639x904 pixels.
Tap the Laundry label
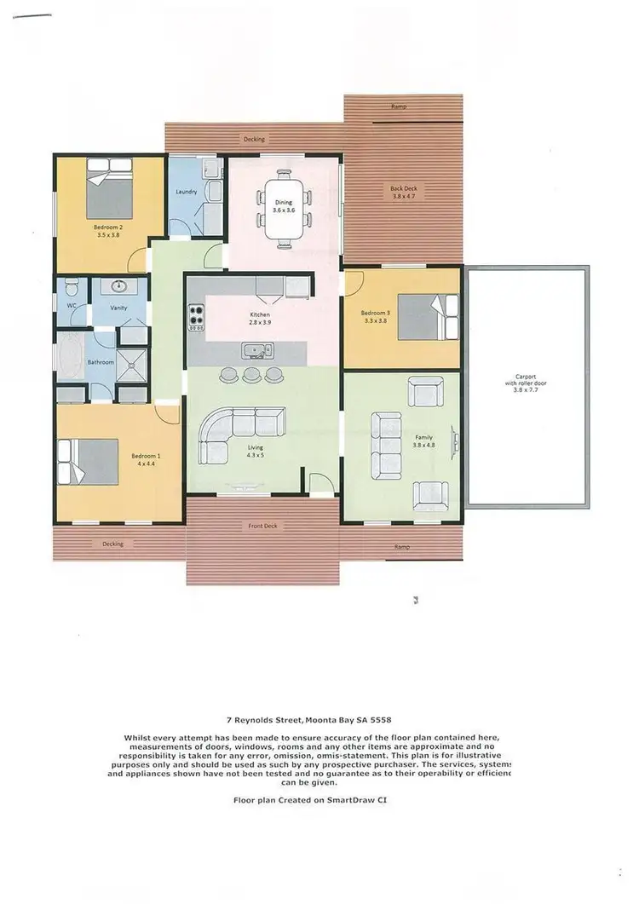coord(187,192)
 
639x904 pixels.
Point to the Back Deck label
coord(404,192)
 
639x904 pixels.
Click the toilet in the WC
coord(72,285)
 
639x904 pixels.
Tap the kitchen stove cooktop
coord(197,316)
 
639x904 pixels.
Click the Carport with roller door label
coord(525,383)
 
